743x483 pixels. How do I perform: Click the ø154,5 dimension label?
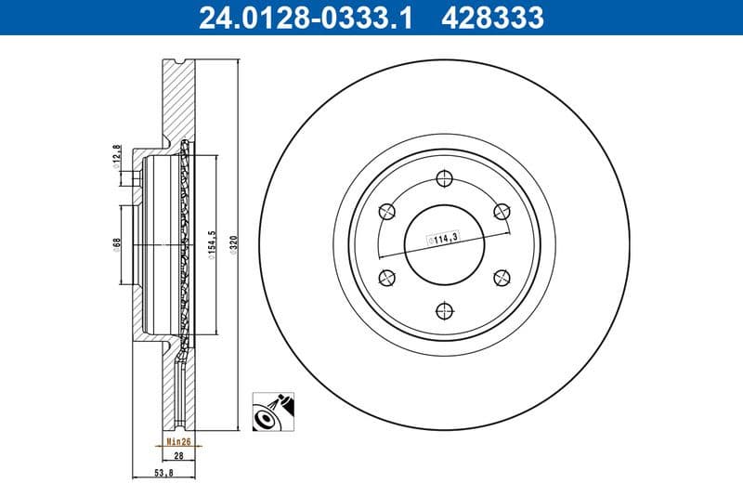pos(213,245)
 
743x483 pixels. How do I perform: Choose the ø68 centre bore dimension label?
pos(117,243)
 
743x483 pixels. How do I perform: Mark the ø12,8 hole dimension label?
pos(117,153)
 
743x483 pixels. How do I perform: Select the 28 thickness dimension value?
pos(177,457)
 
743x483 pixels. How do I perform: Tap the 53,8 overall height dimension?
pos(163,472)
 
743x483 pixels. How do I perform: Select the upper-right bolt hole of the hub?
pos(502,211)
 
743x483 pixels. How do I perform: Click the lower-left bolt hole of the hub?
pos(385,275)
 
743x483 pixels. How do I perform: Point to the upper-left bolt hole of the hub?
pos(385,211)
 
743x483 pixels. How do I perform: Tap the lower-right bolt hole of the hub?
pos(502,275)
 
